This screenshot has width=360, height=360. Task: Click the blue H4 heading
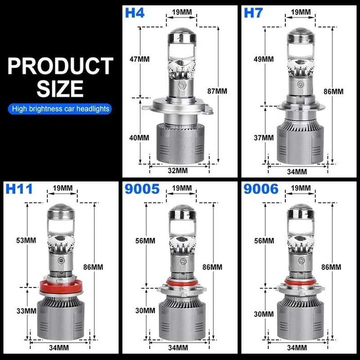point(135,13)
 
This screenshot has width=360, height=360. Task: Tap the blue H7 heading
point(253,13)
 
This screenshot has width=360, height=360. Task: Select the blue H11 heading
point(19,189)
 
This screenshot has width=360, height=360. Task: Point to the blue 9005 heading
point(142,189)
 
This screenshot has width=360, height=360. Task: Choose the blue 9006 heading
point(261,189)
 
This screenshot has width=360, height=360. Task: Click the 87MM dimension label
point(217,91)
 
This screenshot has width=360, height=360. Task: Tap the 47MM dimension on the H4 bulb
point(139,59)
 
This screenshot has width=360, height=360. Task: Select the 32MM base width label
point(178,171)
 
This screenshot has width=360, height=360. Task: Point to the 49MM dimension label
point(264,59)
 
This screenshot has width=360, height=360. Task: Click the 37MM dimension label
point(264,138)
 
